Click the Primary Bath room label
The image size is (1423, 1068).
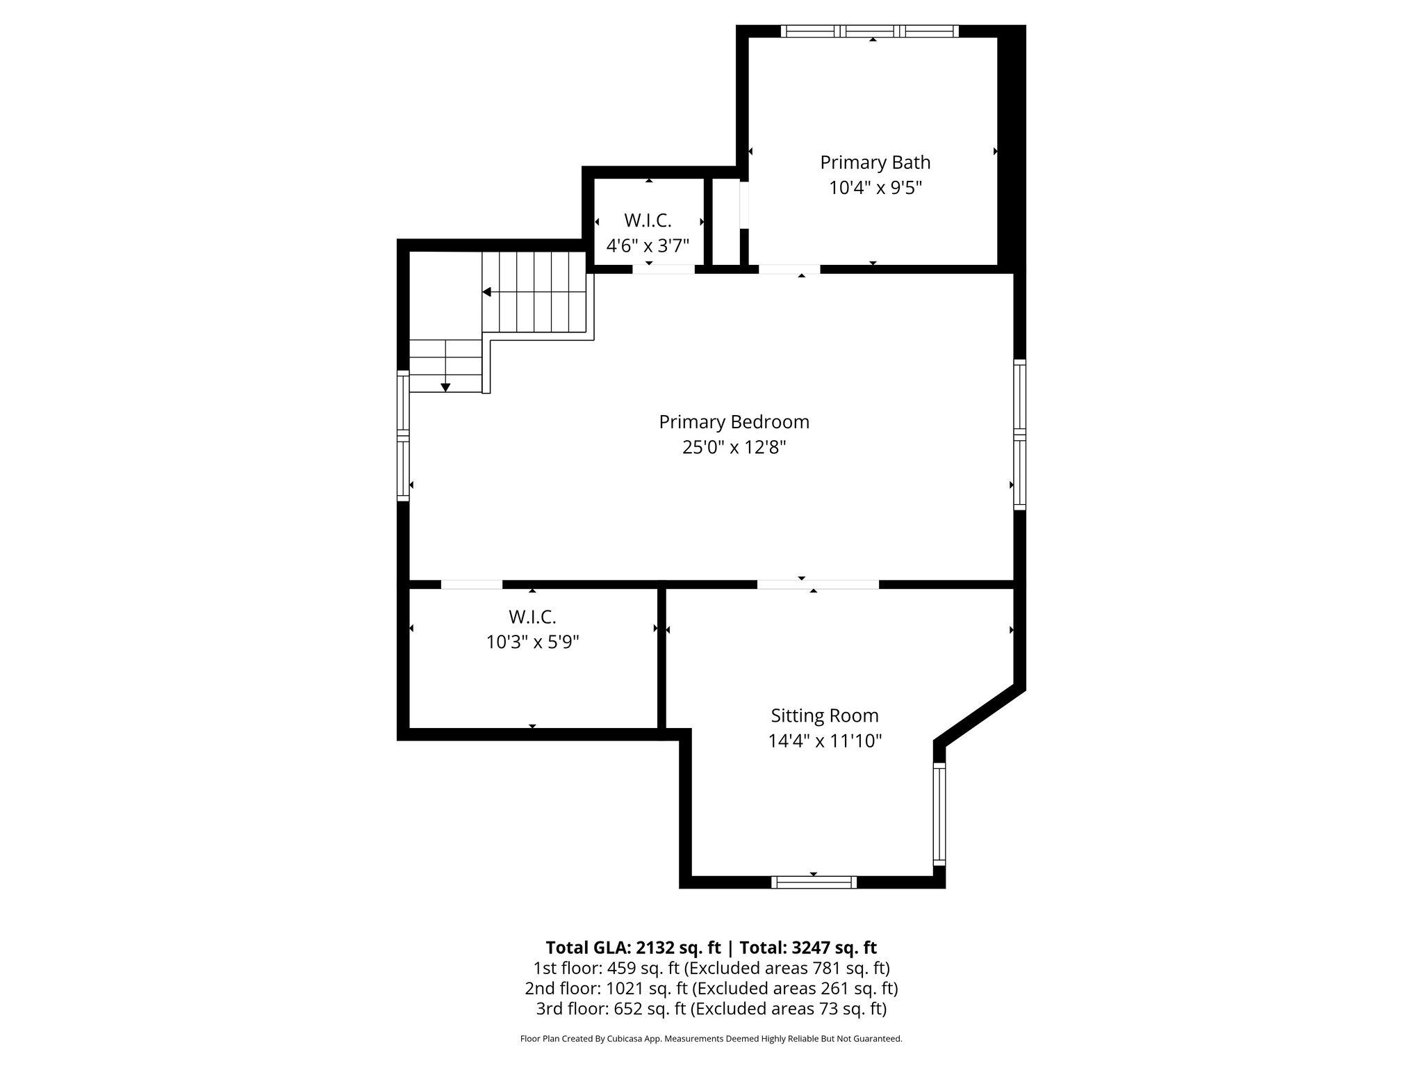tap(875, 162)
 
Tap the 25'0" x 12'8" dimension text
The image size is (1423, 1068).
tap(734, 447)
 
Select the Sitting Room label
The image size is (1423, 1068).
tap(824, 715)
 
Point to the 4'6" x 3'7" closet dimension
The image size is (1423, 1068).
tap(647, 245)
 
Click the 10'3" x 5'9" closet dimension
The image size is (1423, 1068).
tap(532, 642)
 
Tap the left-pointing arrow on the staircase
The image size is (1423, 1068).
tap(488, 292)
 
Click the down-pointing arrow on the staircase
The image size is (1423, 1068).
tap(445, 387)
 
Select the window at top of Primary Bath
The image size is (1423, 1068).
tap(869, 31)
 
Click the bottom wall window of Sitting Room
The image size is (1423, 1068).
tap(814, 882)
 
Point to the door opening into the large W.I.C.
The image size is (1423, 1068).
tap(472, 584)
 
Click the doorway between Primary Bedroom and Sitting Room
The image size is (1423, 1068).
tap(818, 584)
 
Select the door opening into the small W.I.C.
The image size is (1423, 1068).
tap(663, 269)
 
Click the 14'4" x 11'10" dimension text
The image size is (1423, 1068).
tap(824, 741)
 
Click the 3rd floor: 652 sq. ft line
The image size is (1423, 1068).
tap(711, 1008)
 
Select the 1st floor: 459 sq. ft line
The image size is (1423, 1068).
tap(711, 968)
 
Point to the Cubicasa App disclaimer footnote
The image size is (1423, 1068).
tap(711, 1039)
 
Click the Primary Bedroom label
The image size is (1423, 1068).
tap(734, 422)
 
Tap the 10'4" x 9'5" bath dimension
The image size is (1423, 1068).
tap(875, 188)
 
